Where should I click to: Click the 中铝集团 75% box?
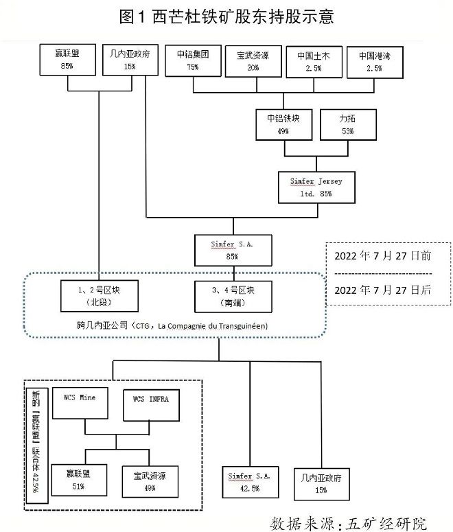coord(193,60)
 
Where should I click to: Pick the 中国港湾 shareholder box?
coord(374,60)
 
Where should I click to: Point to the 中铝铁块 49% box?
coord(283,124)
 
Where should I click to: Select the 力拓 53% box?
coord(347,124)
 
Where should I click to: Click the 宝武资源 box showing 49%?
coord(150,479)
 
